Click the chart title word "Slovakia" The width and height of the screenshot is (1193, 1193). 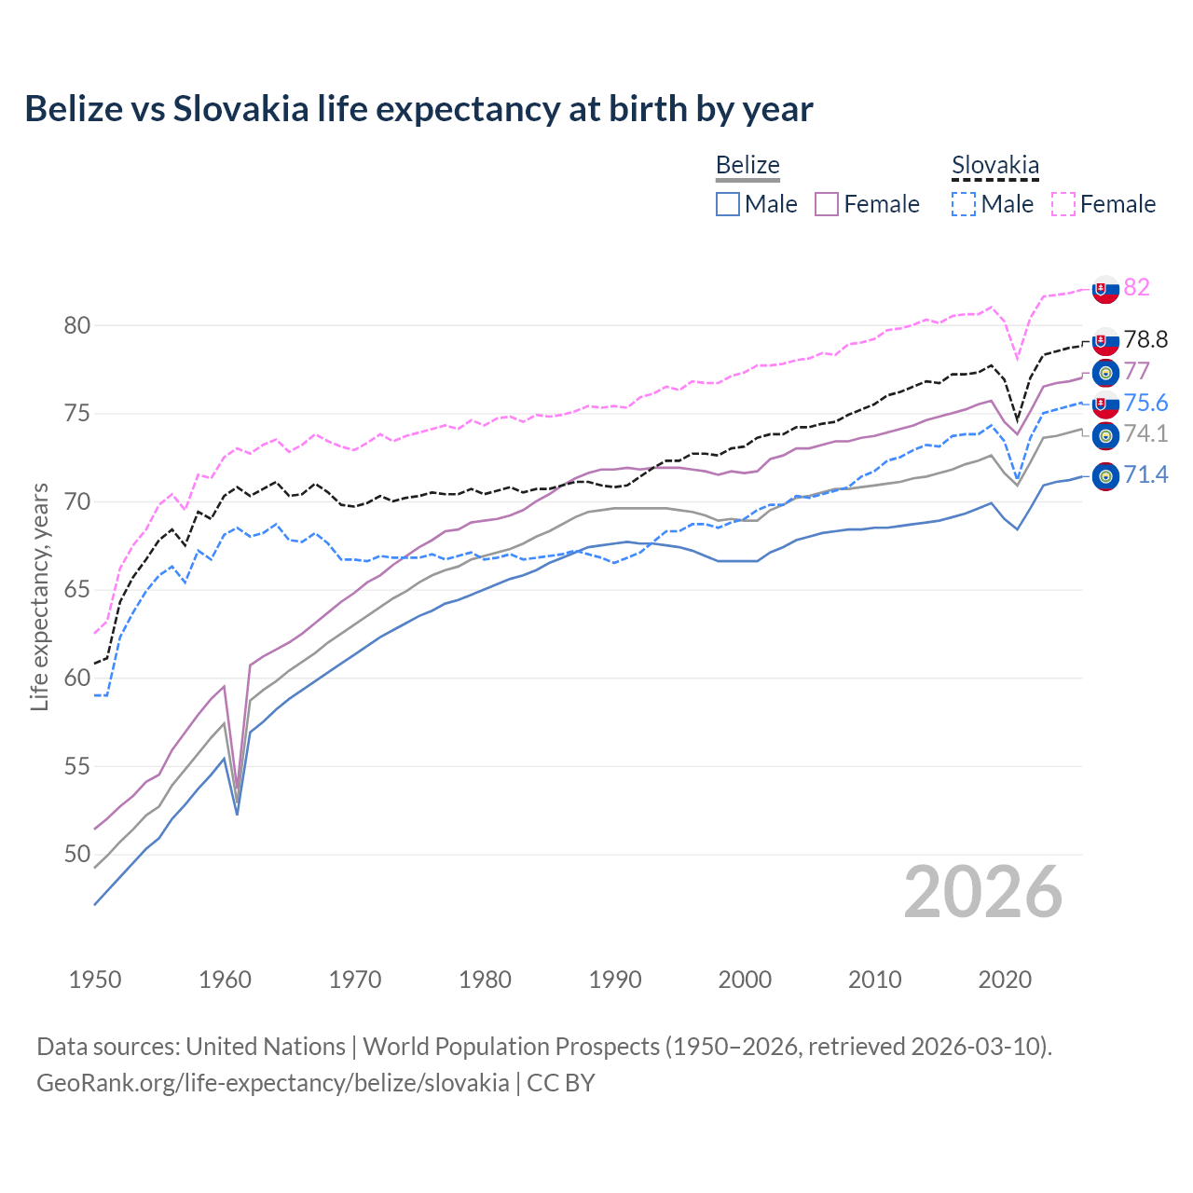click(x=240, y=109)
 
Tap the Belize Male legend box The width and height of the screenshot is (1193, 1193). click(x=728, y=204)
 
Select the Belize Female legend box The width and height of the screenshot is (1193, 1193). click(x=827, y=204)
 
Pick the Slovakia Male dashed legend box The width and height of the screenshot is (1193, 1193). click(x=964, y=204)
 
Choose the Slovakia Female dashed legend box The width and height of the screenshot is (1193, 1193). click(x=1063, y=204)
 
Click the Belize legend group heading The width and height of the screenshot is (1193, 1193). click(x=747, y=166)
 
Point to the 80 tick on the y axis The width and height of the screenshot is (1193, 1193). click(x=77, y=325)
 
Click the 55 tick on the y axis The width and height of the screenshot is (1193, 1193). click(x=77, y=766)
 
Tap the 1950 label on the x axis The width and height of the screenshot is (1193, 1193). click(x=95, y=980)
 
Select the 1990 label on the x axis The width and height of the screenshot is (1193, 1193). click(x=615, y=980)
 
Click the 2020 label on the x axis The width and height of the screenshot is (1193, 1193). click(x=1005, y=980)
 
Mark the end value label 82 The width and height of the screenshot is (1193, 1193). click(x=1136, y=287)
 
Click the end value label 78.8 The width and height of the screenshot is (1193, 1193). click(x=1145, y=340)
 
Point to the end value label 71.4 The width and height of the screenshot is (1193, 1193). click(x=1145, y=475)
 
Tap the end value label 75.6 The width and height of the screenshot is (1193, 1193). click(x=1145, y=403)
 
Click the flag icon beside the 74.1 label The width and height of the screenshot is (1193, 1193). click(x=1105, y=435)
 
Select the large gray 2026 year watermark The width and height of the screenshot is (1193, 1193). click(x=983, y=892)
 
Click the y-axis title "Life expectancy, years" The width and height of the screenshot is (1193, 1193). click(x=39, y=596)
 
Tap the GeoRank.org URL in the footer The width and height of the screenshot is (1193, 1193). click(x=272, y=1083)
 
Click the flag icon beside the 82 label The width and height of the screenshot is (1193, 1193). click(x=1105, y=289)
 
